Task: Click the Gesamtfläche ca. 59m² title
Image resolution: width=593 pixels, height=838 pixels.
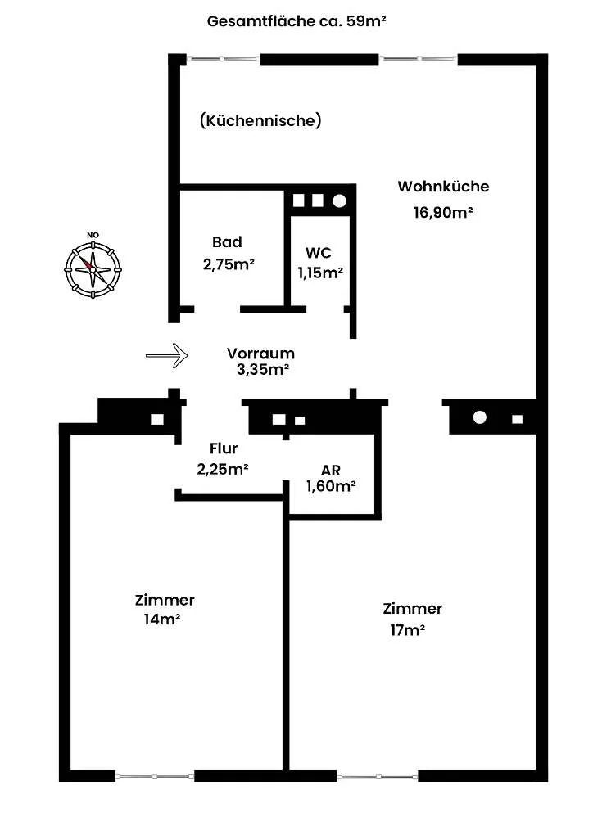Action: tap(296, 21)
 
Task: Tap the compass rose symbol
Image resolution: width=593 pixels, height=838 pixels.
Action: tap(93, 269)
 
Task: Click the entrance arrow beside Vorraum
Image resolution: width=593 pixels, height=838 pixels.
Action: tap(167, 355)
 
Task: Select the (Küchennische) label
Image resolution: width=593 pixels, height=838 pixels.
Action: tap(260, 120)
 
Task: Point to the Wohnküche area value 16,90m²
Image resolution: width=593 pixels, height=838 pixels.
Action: tap(443, 212)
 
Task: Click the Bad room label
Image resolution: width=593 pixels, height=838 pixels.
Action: tap(227, 242)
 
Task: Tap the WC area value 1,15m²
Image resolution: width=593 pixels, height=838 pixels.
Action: tap(320, 273)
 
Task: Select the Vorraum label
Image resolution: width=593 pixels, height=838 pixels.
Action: tap(260, 354)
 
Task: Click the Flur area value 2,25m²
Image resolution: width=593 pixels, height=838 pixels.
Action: tap(223, 469)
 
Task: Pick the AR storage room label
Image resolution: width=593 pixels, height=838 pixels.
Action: tap(330, 471)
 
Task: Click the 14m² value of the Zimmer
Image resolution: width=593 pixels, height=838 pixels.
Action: tap(161, 619)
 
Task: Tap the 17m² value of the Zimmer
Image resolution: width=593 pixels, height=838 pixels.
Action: tap(407, 630)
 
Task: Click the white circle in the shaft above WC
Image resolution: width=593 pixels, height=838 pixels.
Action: tap(339, 201)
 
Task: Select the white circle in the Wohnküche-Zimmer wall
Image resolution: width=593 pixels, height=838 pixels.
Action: tap(480, 417)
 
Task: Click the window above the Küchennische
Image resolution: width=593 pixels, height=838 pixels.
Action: tap(223, 59)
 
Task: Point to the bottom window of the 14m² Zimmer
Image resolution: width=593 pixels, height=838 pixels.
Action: tap(155, 776)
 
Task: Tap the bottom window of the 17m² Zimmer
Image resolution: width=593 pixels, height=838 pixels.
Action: tap(378, 776)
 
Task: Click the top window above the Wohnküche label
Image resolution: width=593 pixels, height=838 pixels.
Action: tap(419, 59)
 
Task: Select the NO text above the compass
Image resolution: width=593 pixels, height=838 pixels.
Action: tap(93, 235)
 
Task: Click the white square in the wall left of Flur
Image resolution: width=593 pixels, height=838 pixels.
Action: tap(157, 420)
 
